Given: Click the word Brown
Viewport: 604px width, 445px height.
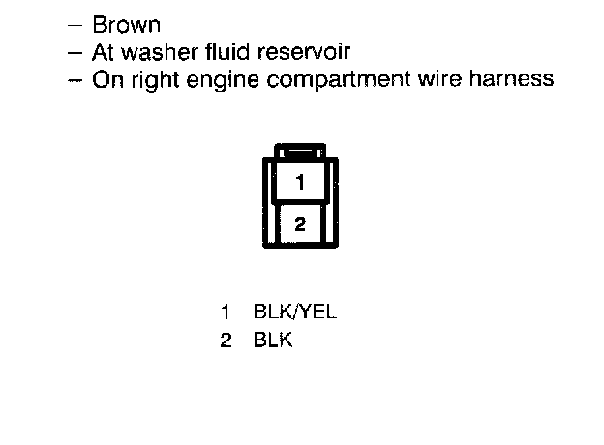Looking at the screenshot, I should pyautogui.click(x=126, y=25).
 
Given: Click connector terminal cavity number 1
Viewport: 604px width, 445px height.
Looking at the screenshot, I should pyautogui.click(x=300, y=182).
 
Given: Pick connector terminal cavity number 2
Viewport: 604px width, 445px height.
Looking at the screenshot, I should pyautogui.click(x=300, y=223).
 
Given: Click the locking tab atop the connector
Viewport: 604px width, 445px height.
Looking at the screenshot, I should pyautogui.click(x=300, y=151).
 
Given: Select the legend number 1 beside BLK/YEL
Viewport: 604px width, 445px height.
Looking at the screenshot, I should pyautogui.click(x=225, y=312).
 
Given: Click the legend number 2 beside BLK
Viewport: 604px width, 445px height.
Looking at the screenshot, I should pyautogui.click(x=225, y=341).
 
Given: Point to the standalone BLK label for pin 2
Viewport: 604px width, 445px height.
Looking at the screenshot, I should pyautogui.click(x=273, y=341).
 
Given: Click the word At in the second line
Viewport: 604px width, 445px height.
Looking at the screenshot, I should pyautogui.click(x=104, y=52).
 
